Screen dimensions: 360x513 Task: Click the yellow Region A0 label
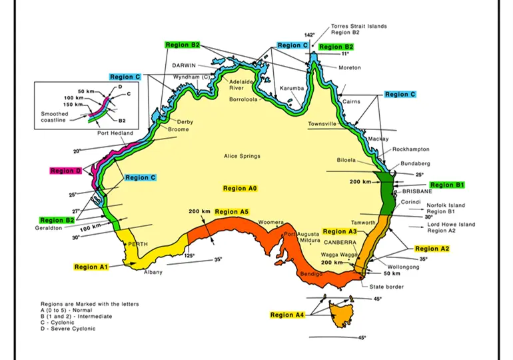240,189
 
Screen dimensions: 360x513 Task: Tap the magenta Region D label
65,171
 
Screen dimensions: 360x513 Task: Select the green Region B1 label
446,185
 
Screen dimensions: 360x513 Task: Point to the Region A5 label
231,212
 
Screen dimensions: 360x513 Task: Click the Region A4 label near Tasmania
287,315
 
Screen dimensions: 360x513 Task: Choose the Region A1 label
91,267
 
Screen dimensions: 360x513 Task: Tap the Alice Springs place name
242,157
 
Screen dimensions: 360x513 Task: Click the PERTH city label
138,244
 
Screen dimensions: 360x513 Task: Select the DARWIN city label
184,66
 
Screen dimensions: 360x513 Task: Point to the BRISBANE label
418,191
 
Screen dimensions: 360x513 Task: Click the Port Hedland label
115,133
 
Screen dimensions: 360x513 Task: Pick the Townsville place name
322,124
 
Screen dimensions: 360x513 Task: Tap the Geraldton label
48,228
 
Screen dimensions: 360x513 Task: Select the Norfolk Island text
446,205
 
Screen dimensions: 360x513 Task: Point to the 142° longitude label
309,35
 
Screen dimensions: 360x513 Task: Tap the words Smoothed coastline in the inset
54,117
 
